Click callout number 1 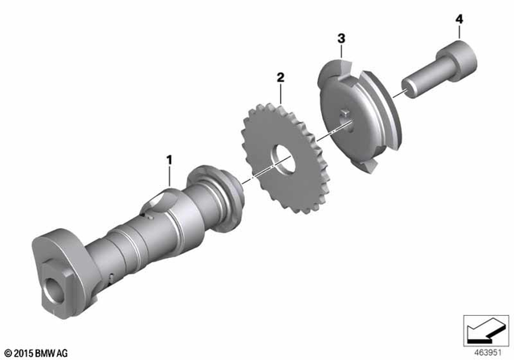pyautogui.click(x=169, y=160)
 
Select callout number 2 pyautogui.click(x=280, y=77)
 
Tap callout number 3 pyautogui.click(x=341, y=38)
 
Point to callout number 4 pyautogui.click(x=459, y=18)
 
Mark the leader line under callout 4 pyautogui.click(x=459, y=33)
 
